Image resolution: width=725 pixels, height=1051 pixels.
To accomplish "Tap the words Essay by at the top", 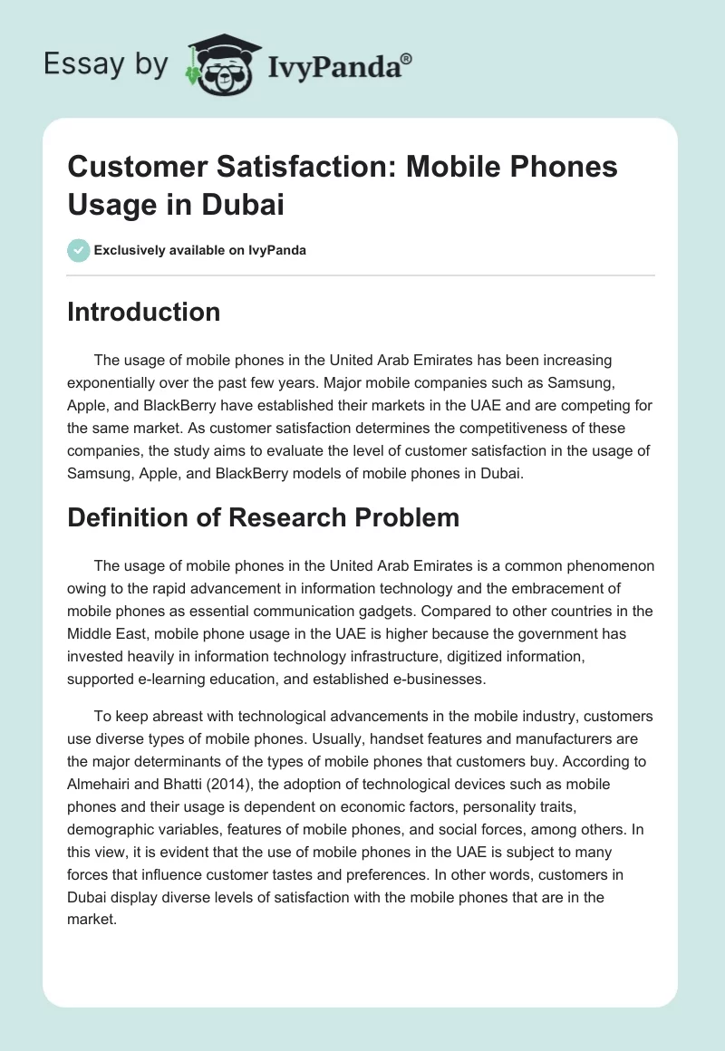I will tap(105, 63).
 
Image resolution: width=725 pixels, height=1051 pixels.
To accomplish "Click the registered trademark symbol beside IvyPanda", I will tap(406, 59).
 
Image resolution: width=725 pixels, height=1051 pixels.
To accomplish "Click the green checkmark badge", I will tap(79, 250).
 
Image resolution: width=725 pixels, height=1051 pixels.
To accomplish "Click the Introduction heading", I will tap(144, 312).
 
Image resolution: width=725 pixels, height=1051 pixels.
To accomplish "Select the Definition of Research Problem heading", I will tap(264, 517).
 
